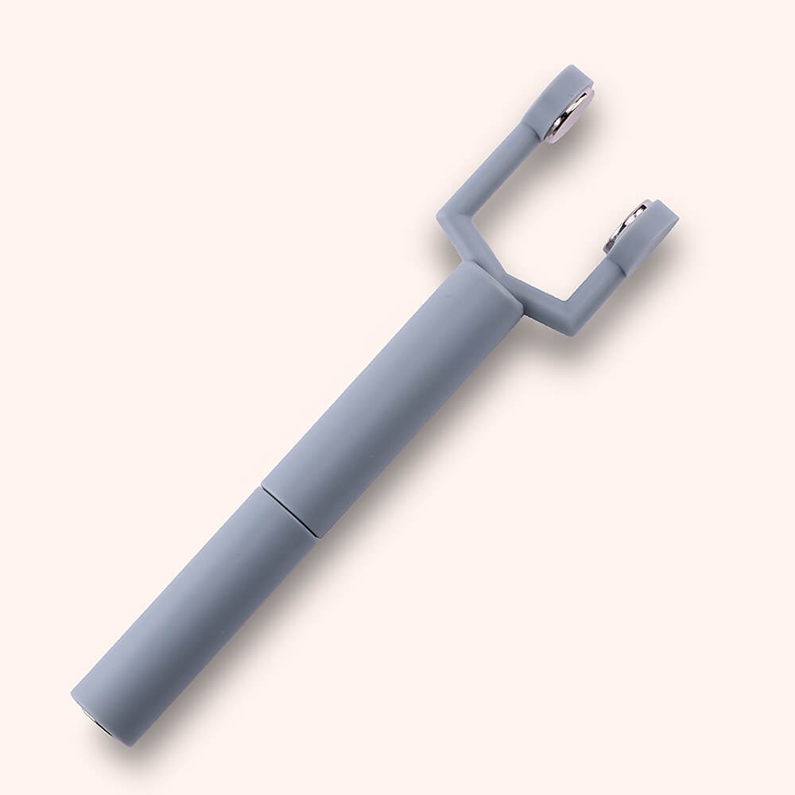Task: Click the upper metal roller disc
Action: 569,115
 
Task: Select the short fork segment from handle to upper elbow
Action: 459,242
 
